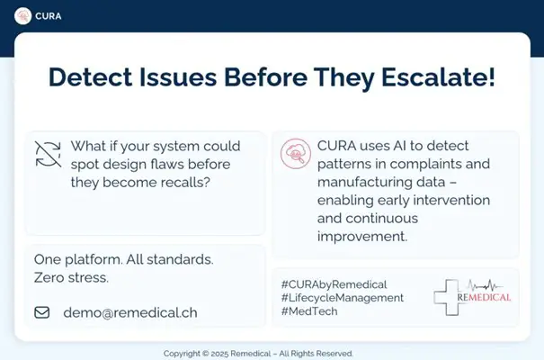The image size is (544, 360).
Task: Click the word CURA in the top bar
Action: (x=49, y=15)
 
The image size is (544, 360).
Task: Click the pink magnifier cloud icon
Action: (x=295, y=154)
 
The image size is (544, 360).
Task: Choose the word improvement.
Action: (x=362, y=237)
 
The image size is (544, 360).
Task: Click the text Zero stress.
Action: (x=71, y=277)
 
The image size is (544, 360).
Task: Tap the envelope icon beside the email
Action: (x=42, y=313)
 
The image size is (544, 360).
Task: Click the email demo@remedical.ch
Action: (x=129, y=313)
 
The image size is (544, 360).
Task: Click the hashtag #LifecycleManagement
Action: (x=342, y=297)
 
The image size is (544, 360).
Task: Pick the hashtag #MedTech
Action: (x=309, y=311)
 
